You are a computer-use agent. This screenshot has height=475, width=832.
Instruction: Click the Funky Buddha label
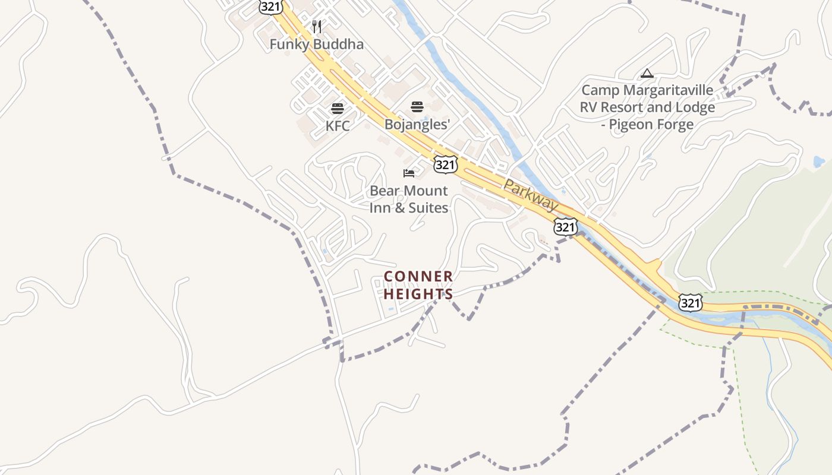(x=316, y=45)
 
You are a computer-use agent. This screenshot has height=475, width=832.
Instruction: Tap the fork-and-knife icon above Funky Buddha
(x=317, y=27)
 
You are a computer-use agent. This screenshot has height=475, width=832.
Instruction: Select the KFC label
(x=338, y=126)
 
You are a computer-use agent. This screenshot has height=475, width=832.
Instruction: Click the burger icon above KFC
(x=338, y=109)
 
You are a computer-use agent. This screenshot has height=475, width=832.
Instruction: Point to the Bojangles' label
(x=417, y=125)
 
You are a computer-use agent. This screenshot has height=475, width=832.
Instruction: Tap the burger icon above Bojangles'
(x=417, y=107)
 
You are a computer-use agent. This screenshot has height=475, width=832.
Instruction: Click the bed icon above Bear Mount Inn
(x=409, y=173)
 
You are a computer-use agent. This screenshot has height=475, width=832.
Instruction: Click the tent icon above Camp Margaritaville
(x=647, y=74)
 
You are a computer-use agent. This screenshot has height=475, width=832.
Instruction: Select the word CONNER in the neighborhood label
(x=418, y=277)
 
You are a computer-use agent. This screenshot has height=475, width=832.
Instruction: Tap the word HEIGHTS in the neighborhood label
(x=418, y=294)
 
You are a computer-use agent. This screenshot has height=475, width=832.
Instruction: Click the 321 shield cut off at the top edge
(x=270, y=7)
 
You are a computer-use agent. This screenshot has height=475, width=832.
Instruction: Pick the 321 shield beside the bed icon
(x=445, y=164)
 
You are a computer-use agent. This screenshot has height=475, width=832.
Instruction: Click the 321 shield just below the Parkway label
(x=565, y=226)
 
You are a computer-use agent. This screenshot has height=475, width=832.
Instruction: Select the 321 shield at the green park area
(x=691, y=303)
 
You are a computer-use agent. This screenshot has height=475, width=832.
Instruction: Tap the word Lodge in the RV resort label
(x=696, y=108)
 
